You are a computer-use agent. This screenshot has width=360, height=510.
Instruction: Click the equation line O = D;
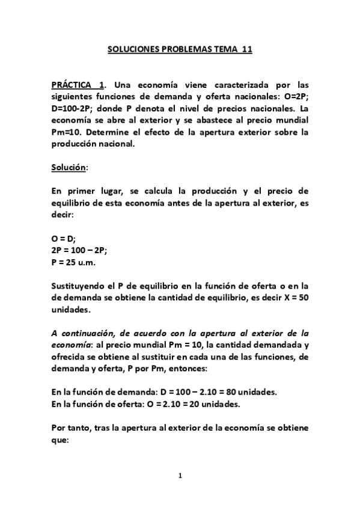coord(63,238)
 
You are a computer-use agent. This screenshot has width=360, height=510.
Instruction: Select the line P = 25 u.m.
coord(74,262)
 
